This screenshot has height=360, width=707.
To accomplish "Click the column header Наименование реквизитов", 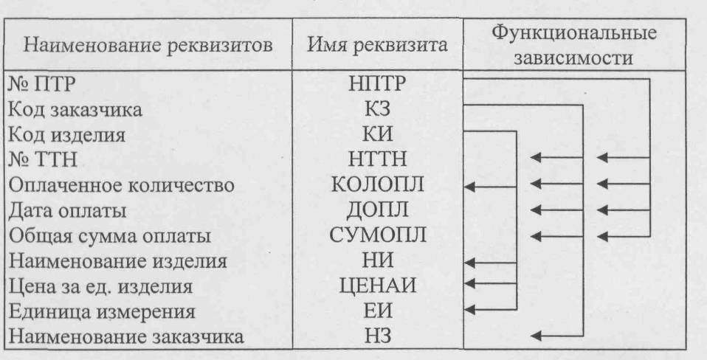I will click(150, 46).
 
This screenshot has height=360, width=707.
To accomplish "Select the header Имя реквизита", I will click(377, 46).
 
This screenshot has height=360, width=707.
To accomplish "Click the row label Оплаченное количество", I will click(121, 186).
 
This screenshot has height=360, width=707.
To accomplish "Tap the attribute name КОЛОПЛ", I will click(376, 186).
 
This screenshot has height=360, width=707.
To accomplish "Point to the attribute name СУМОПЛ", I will click(376, 237).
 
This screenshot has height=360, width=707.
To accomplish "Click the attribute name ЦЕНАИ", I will click(376, 287).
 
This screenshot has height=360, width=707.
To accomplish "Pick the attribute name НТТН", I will click(376, 159).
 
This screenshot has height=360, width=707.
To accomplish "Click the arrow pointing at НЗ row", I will click(557, 337).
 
